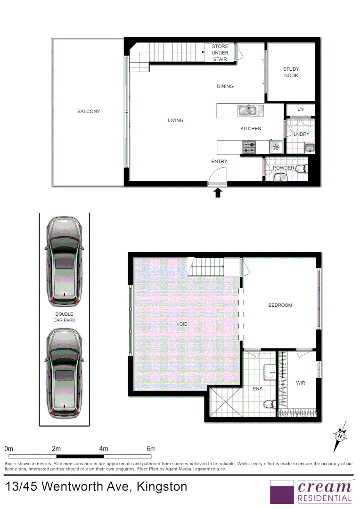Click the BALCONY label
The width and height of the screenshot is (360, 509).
[89, 112]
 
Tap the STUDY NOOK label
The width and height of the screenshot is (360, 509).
[291, 72]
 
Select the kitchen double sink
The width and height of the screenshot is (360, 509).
[247, 111]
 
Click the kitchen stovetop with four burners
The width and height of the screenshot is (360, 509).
[248, 147]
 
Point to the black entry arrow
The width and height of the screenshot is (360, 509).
[218, 192]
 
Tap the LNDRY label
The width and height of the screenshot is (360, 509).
[302, 134]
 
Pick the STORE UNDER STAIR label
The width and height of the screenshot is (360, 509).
[220, 53]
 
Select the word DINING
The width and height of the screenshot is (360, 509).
[225, 86]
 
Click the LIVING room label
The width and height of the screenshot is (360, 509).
[176, 121]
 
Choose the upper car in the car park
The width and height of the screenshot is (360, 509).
[64, 261]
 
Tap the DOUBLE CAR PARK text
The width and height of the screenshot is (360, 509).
[64, 317]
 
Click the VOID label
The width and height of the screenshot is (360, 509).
[182, 324]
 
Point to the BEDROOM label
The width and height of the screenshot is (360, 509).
[280, 305]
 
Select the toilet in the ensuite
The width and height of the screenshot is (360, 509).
[270, 404]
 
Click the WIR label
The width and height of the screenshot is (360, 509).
[301, 383]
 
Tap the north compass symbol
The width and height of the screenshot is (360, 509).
[339, 435]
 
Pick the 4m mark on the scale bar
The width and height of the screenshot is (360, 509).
[104, 449]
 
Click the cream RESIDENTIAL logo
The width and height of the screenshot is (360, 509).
[311, 491]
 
